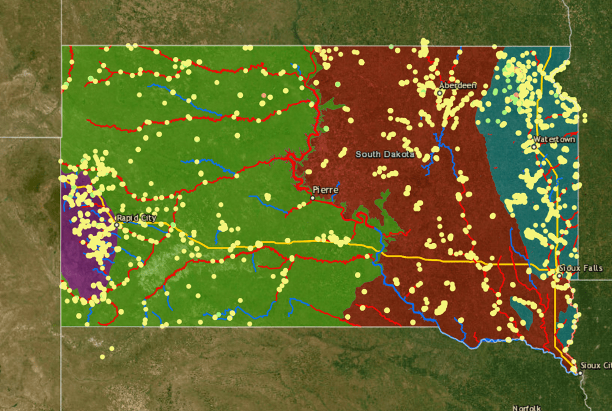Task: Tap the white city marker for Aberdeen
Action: pyautogui.click(x=439, y=93)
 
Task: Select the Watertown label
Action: pyautogui.click(x=554, y=140)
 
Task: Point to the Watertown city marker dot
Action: pyautogui.click(x=534, y=146)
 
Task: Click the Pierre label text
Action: pyautogui.click(x=325, y=190)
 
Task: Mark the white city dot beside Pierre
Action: pyautogui.click(x=313, y=197)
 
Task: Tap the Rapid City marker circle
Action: pyautogui.click(x=117, y=225)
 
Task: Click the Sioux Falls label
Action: pyautogui.click(x=581, y=268)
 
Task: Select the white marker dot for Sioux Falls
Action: pyautogui.click(x=559, y=276)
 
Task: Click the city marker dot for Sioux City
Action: pyautogui.click(x=580, y=372)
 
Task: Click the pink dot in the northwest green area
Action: pyautogui.click(x=264, y=96)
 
